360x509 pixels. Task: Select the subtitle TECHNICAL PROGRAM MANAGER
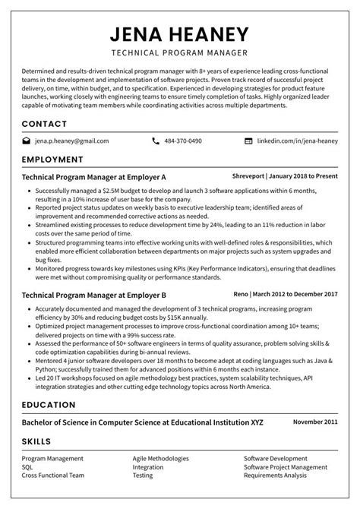click(x=180, y=54)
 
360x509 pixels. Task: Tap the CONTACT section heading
click(x=44, y=123)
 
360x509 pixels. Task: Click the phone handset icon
click(x=156, y=141)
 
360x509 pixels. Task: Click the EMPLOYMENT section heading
click(x=52, y=160)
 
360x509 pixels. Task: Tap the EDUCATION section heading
click(x=49, y=404)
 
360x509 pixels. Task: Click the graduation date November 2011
click(x=315, y=421)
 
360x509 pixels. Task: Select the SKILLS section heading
click(x=36, y=441)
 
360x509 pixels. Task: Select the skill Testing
click(x=144, y=476)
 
